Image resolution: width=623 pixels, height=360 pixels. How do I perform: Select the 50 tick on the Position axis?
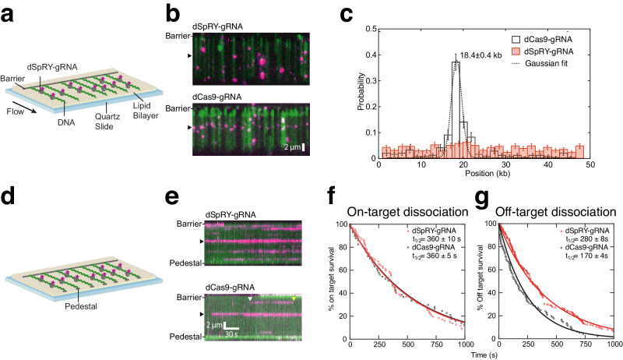(590, 166)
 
